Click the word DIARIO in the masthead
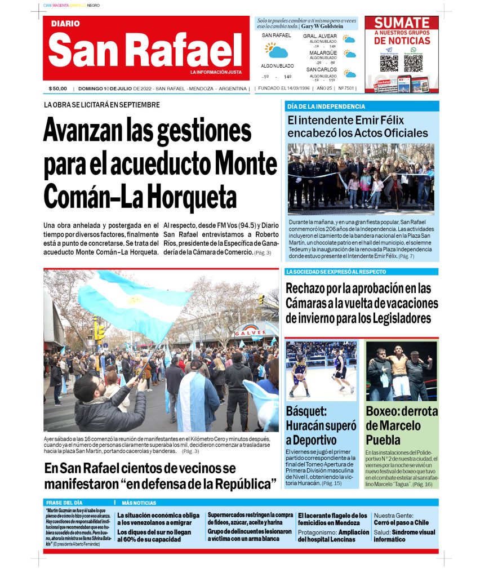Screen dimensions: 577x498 (65, 24)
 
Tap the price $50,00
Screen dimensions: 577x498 (57, 88)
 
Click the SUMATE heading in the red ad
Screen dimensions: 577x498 (402, 23)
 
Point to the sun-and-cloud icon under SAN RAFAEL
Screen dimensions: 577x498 (276, 51)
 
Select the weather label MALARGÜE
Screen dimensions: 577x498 (323, 53)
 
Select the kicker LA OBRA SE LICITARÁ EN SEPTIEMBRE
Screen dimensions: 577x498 (102, 105)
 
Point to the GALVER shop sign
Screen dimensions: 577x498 (250, 332)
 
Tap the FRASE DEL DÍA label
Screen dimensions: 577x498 (64, 503)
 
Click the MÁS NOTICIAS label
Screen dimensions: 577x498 (139, 503)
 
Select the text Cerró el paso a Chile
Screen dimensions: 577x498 (401, 522)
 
